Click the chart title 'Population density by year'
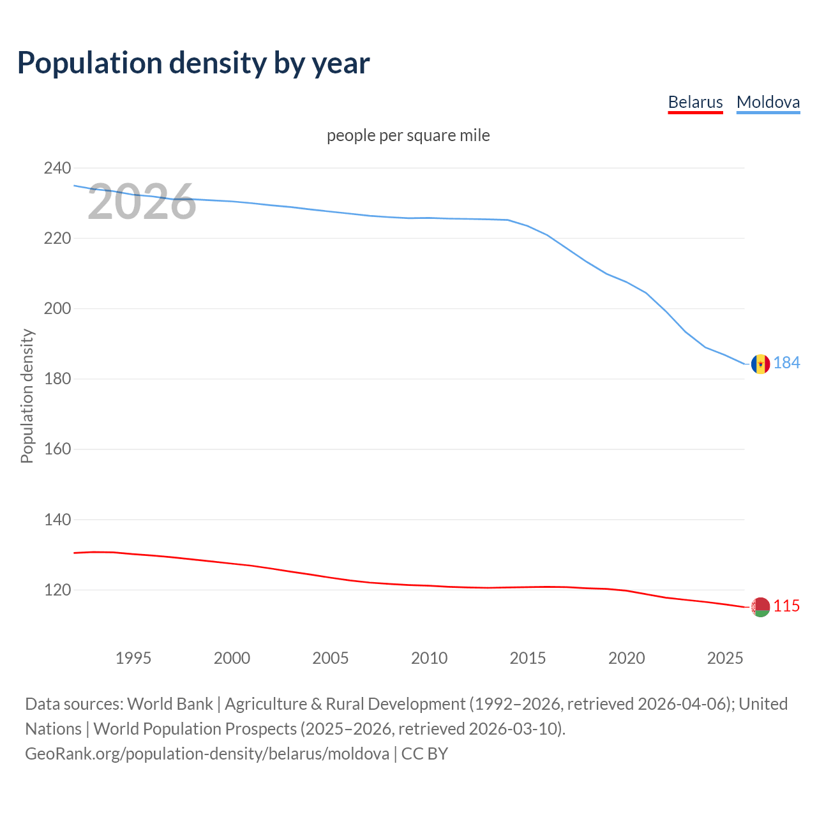(193, 63)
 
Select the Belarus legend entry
(695, 102)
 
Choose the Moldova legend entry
(768, 102)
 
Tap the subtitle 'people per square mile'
(408, 135)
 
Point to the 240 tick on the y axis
(57, 169)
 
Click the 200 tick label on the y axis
(57, 309)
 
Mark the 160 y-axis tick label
(57, 449)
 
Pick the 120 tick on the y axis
(57, 590)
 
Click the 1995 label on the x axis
(133, 658)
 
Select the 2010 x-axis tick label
(429, 658)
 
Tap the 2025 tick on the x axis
(725, 658)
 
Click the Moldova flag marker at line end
(760, 364)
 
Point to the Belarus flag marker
(760, 607)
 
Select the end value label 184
(786, 363)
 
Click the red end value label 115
(786, 606)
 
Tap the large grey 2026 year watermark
(142, 202)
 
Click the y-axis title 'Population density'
(27, 396)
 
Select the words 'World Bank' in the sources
(170, 704)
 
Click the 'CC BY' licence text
(424, 754)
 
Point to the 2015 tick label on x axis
(527, 658)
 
